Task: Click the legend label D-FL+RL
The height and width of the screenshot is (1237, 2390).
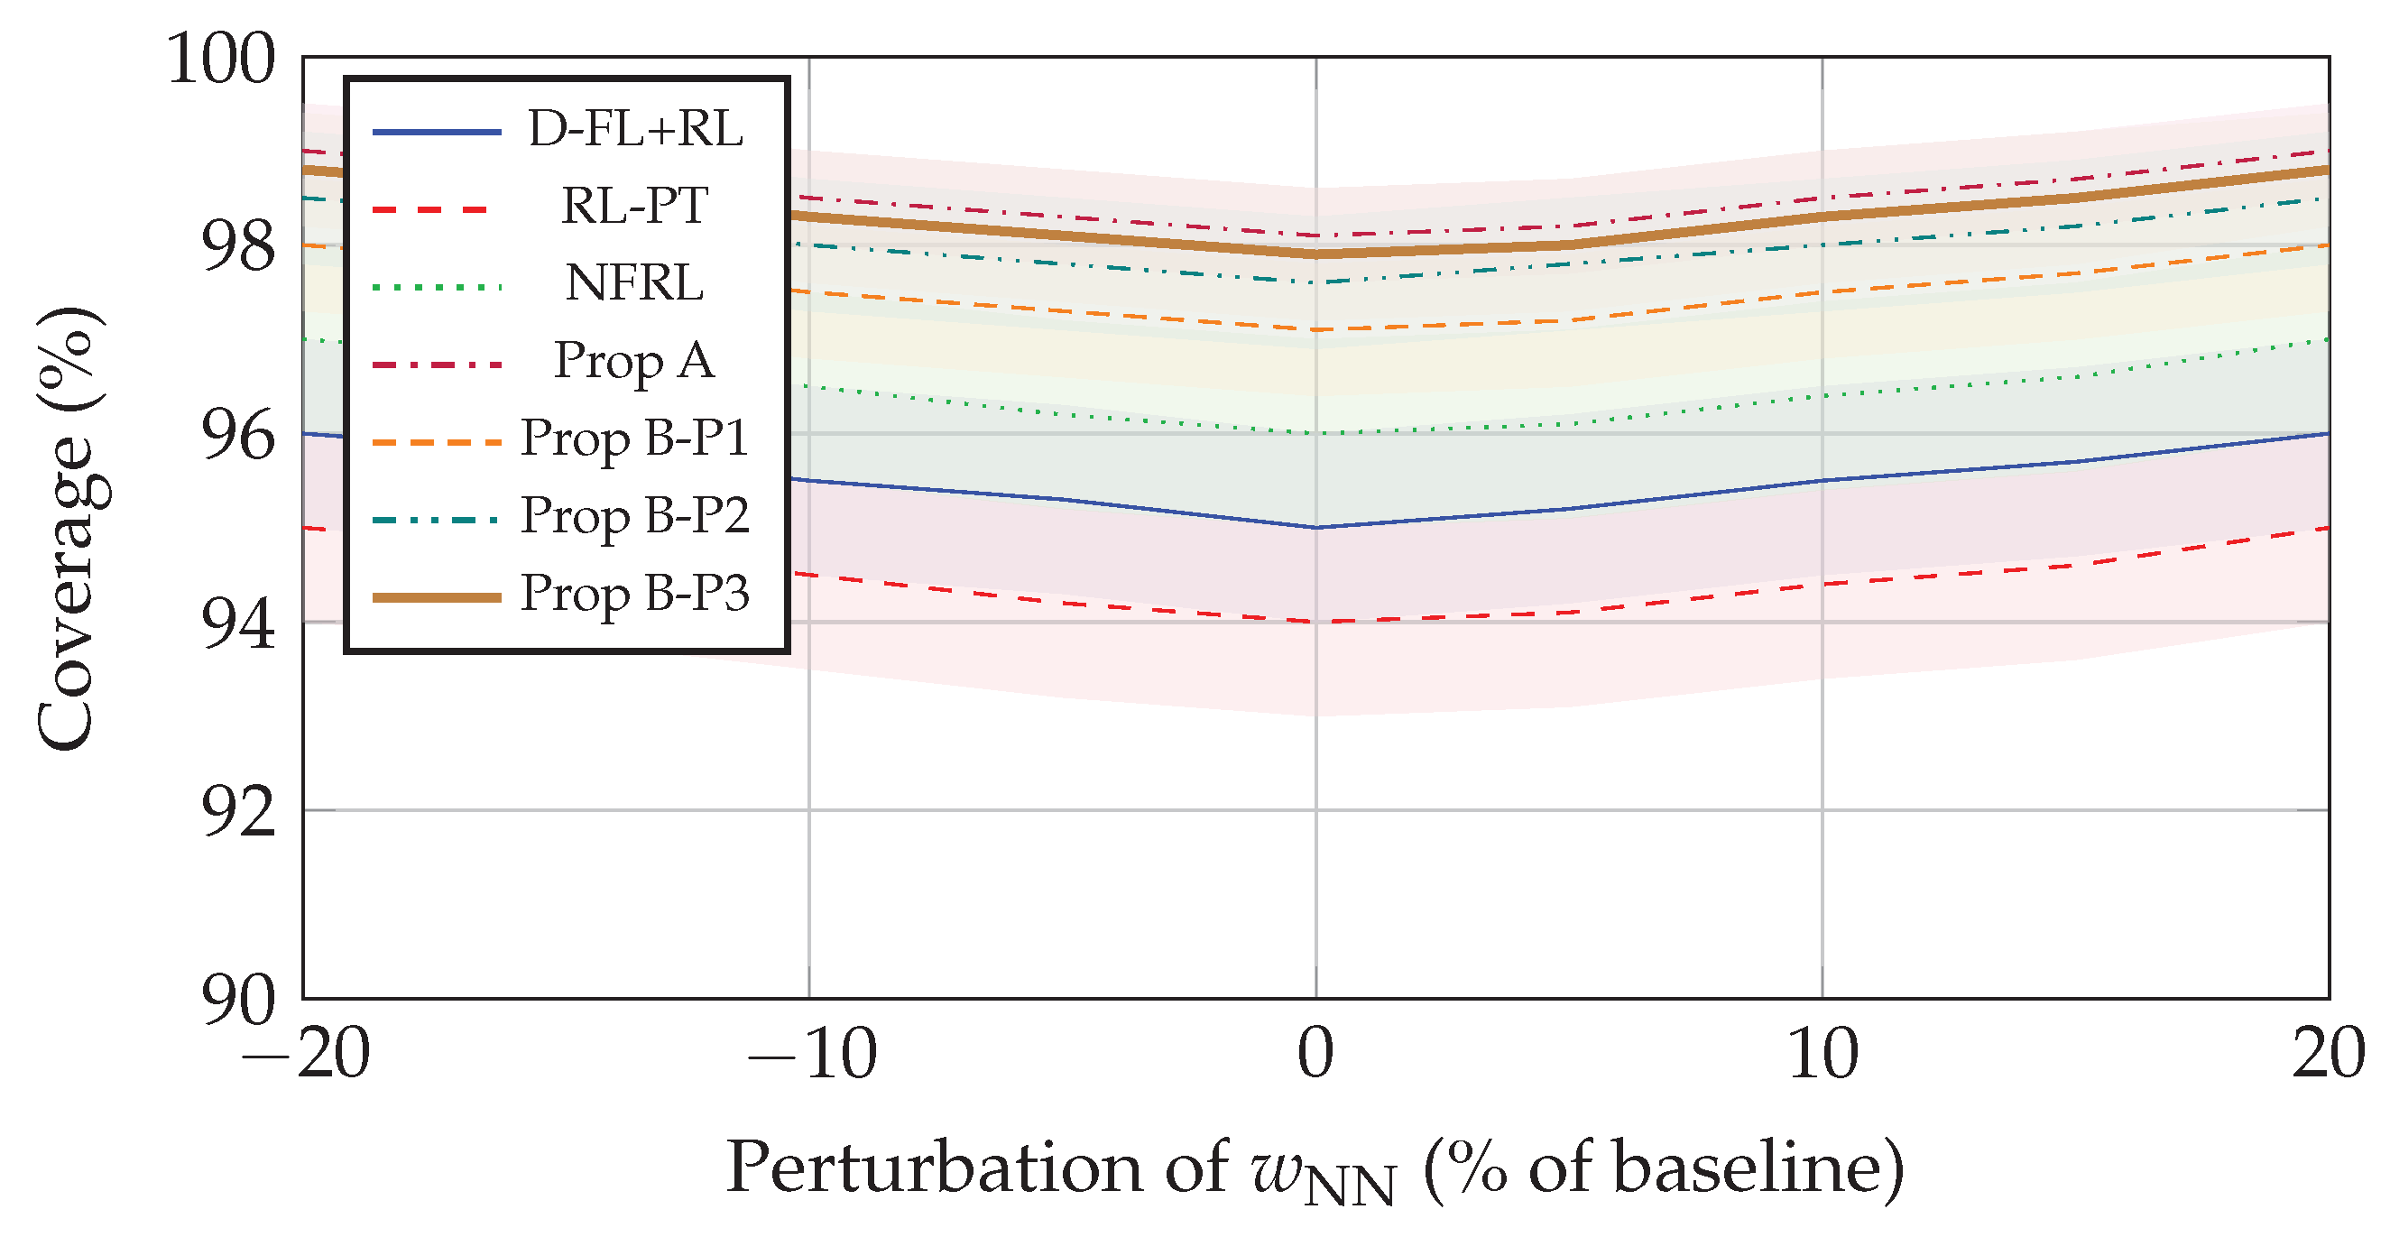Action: (x=635, y=129)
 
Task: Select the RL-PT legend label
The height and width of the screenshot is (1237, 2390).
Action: (x=634, y=206)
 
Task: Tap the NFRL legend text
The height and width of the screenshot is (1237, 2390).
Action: (x=634, y=283)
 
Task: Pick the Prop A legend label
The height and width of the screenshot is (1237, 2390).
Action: (x=634, y=360)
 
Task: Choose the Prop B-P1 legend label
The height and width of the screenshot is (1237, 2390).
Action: (x=634, y=438)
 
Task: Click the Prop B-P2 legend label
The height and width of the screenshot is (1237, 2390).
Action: (x=634, y=515)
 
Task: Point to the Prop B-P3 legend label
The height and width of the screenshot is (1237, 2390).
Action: (x=634, y=593)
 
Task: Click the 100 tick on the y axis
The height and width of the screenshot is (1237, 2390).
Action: (x=221, y=60)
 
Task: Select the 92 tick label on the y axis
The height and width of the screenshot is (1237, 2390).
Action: (x=238, y=812)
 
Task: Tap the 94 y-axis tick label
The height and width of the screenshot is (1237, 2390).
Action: (x=238, y=623)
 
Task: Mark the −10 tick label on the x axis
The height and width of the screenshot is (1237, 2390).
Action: (x=811, y=1055)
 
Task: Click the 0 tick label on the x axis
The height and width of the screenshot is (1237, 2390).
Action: (x=1315, y=1055)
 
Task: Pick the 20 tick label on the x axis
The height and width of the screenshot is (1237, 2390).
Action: (x=2327, y=1055)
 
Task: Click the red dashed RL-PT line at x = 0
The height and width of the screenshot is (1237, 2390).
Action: (x=1315, y=622)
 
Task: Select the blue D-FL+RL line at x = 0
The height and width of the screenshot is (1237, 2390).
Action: (x=1315, y=527)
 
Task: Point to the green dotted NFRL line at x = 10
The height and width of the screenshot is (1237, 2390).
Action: (x=1822, y=396)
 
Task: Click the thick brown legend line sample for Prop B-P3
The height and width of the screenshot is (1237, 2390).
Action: (x=436, y=597)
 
